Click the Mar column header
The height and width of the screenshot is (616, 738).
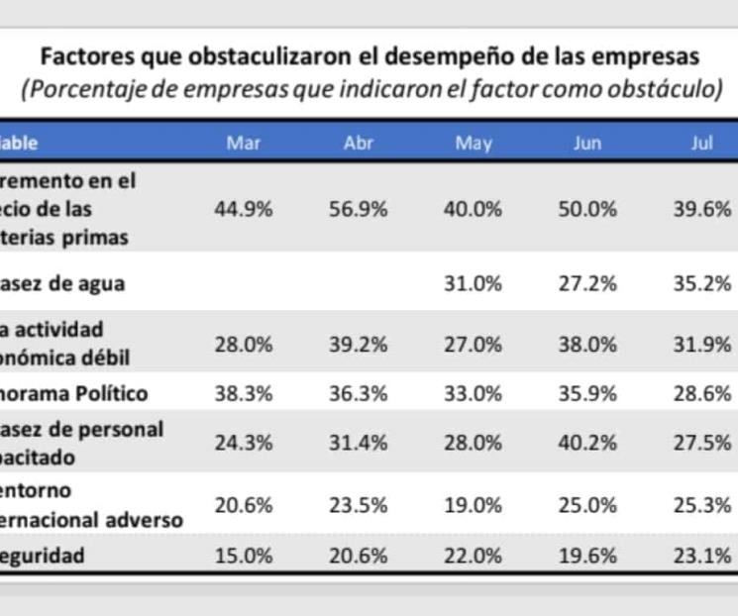pyautogui.click(x=243, y=144)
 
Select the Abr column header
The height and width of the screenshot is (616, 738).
pyautogui.click(x=358, y=144)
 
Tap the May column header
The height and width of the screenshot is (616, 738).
pyautogui.click(x=473, y=144)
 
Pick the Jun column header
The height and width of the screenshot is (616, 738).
pyautogui.click(x=587, y=144)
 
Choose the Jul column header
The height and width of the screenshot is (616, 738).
pyautogui.click(x=702, y=144)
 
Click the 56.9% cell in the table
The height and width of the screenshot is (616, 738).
pyautogui.click(x=358, y=209)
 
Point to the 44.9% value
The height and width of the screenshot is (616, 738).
pyautogui.click(x=243, y=209)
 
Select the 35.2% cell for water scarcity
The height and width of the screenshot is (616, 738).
pyautogui.click(x=702, y=283)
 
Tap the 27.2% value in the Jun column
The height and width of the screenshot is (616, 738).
pyautogui.click(x=587, y=283)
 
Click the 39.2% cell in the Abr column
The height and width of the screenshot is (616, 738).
pyautogui.click(x=358, y=344)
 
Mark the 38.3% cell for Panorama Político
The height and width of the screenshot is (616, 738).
pyautogui.click(x=243, y=393)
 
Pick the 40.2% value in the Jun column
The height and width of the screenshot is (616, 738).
pyautogui.click(x=587, y=443)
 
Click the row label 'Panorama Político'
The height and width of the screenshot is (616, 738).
pyautogui.click(x=74, y=393)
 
